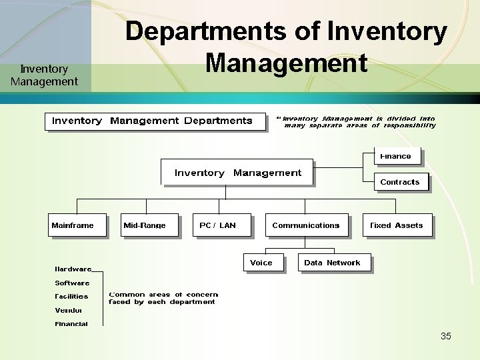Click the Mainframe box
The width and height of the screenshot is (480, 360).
[x=77, y=225]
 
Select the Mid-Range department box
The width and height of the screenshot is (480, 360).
[x=149, y=225]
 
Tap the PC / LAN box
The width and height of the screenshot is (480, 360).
[x=223, y=225]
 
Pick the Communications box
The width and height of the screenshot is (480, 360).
[x=306, y=225]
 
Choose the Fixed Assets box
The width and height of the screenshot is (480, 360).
[x=397, y=225]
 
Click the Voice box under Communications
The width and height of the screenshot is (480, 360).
[x=262, y=263]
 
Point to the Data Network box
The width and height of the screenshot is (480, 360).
[x=333, y=263]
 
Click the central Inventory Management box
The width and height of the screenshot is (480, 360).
[x=237, y=173]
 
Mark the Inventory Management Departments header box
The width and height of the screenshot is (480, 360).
[x=155, y=121]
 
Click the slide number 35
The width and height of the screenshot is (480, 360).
[x=446, y=336]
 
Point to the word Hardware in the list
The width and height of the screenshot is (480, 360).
[x=73, y=269]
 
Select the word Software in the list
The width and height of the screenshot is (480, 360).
[x=72, y=283]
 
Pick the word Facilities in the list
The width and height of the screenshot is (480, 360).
[x=71, y=296]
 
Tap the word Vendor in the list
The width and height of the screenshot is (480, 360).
[x=69, y=310]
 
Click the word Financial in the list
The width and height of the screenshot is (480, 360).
[x=71, y=324]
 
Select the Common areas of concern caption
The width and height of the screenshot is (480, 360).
[x=163, y=298]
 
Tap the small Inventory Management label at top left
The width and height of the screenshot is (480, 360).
[x=44, y=75]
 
